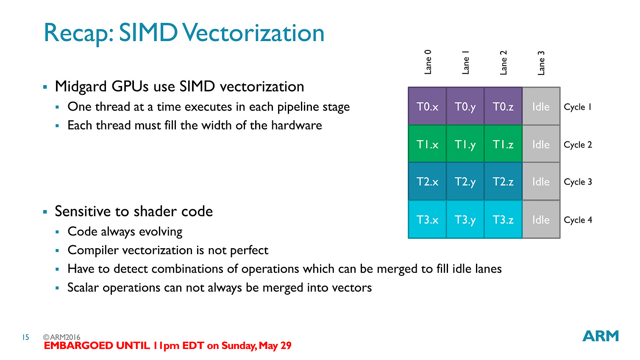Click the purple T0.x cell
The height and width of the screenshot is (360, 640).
pyautogui.click(x=427, y=106)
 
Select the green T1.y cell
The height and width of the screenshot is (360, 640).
pyautogui.click(x=465, y=144)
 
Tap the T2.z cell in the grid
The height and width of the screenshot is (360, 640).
pyautogui.click(x=503, y=182)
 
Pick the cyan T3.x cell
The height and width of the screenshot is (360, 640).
pyautogui.click(x=427, y=219)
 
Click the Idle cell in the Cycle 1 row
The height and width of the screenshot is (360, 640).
pyautogui.click(x=541, y=106)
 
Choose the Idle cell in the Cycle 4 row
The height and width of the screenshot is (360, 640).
pyautogui.click(x=541, y=219)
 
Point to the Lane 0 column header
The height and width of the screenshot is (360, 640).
pyautogui.click(x=428, y=62)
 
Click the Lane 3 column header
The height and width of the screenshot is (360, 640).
pyautogui.click(x=541, y=63)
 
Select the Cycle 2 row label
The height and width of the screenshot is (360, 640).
pyautogui.click(x=578, y=145)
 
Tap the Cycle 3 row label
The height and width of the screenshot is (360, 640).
pyautogui.click(x=578, y=182)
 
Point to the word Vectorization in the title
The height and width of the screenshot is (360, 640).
pyautogui.click(x=253, y=33)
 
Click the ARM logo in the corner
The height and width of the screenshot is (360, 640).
pyautogui.click(x=601, y=336)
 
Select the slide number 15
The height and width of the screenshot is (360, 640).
pyautogui.click(x=26, y=337)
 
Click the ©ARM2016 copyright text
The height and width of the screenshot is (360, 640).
pyautogui.click(x=61, y=337)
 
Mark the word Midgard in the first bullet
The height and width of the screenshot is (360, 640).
pyautogui.click(x=81, y=86)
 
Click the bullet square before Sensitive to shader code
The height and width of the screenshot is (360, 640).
pyautogui.click(x=45, y=212)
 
